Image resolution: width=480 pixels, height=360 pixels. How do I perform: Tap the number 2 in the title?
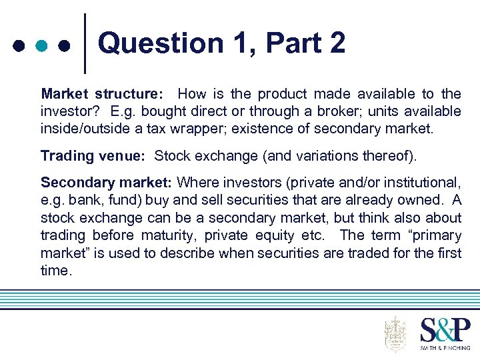336,44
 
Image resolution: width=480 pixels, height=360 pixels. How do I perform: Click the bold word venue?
121,156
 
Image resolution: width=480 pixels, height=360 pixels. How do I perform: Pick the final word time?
55,270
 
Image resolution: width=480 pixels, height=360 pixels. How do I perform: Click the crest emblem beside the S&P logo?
395,333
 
